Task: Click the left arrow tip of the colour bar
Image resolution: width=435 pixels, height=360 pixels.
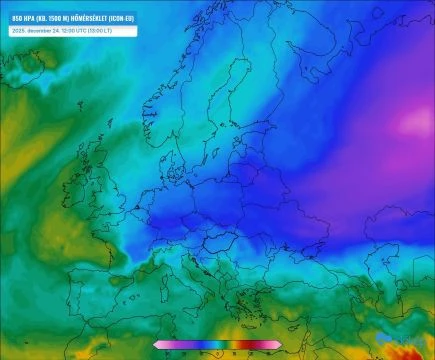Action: coord(155,345)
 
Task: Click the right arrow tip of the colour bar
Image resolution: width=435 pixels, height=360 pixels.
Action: coord(281,345)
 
